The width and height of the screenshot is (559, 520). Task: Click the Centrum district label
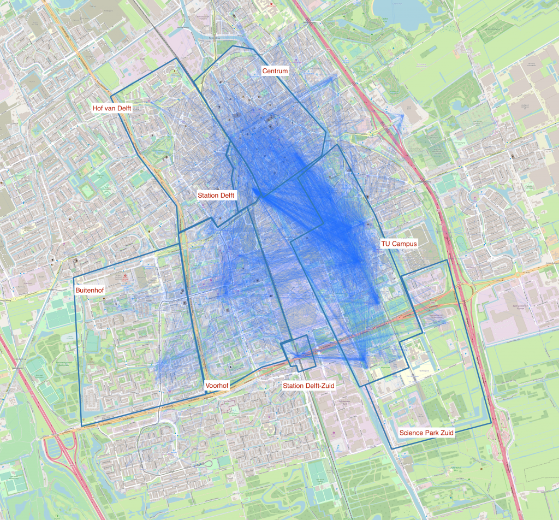275,71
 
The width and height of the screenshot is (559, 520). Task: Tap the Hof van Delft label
112,109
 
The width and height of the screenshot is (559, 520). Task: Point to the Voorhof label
217,386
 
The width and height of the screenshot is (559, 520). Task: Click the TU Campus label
399,244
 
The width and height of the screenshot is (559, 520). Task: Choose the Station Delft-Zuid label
308,386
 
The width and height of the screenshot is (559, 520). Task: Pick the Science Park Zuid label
426,433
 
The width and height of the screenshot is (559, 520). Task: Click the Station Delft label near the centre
216,195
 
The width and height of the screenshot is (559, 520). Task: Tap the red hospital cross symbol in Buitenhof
125,276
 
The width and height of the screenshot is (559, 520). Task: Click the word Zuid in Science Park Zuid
445,433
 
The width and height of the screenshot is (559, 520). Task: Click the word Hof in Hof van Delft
98,109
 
